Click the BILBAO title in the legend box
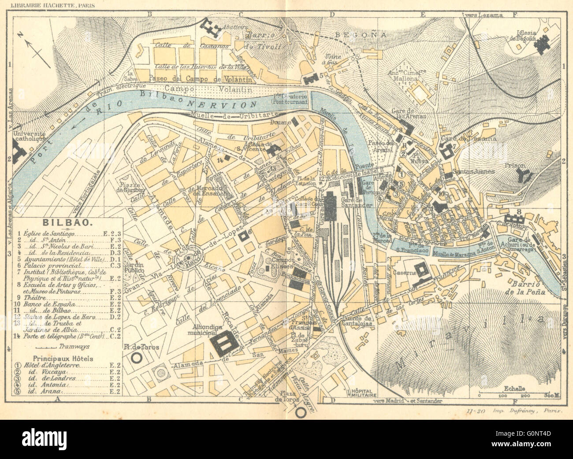67,223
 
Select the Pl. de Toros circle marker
137,358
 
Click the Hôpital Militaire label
361,393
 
